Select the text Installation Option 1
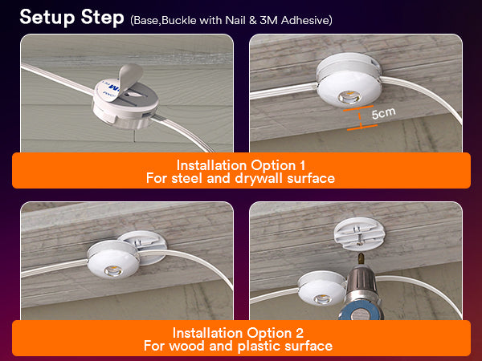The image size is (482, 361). tap(240, 165)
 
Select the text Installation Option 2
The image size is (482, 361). tap(240, 333)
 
